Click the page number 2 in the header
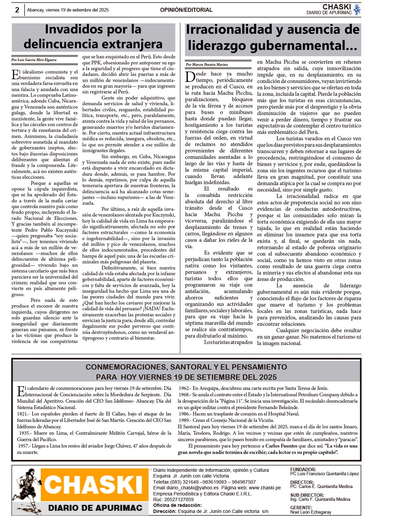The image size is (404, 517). (x=17, y=10)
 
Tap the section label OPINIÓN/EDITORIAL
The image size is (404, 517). (x=186, y=10)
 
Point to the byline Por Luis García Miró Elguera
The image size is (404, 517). (x=34, y=60)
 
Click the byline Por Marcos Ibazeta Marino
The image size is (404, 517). (x=207, y=64)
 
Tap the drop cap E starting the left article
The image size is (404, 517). (x=15, y=74)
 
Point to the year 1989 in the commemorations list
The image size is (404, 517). (x=184, y=420)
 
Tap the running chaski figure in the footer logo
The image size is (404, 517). (x=27, y=489)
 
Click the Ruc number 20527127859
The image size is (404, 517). (x=178, y=499)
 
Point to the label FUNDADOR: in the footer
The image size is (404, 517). (x=303, y=469)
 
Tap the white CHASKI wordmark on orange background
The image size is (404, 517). (x=94, y=485)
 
